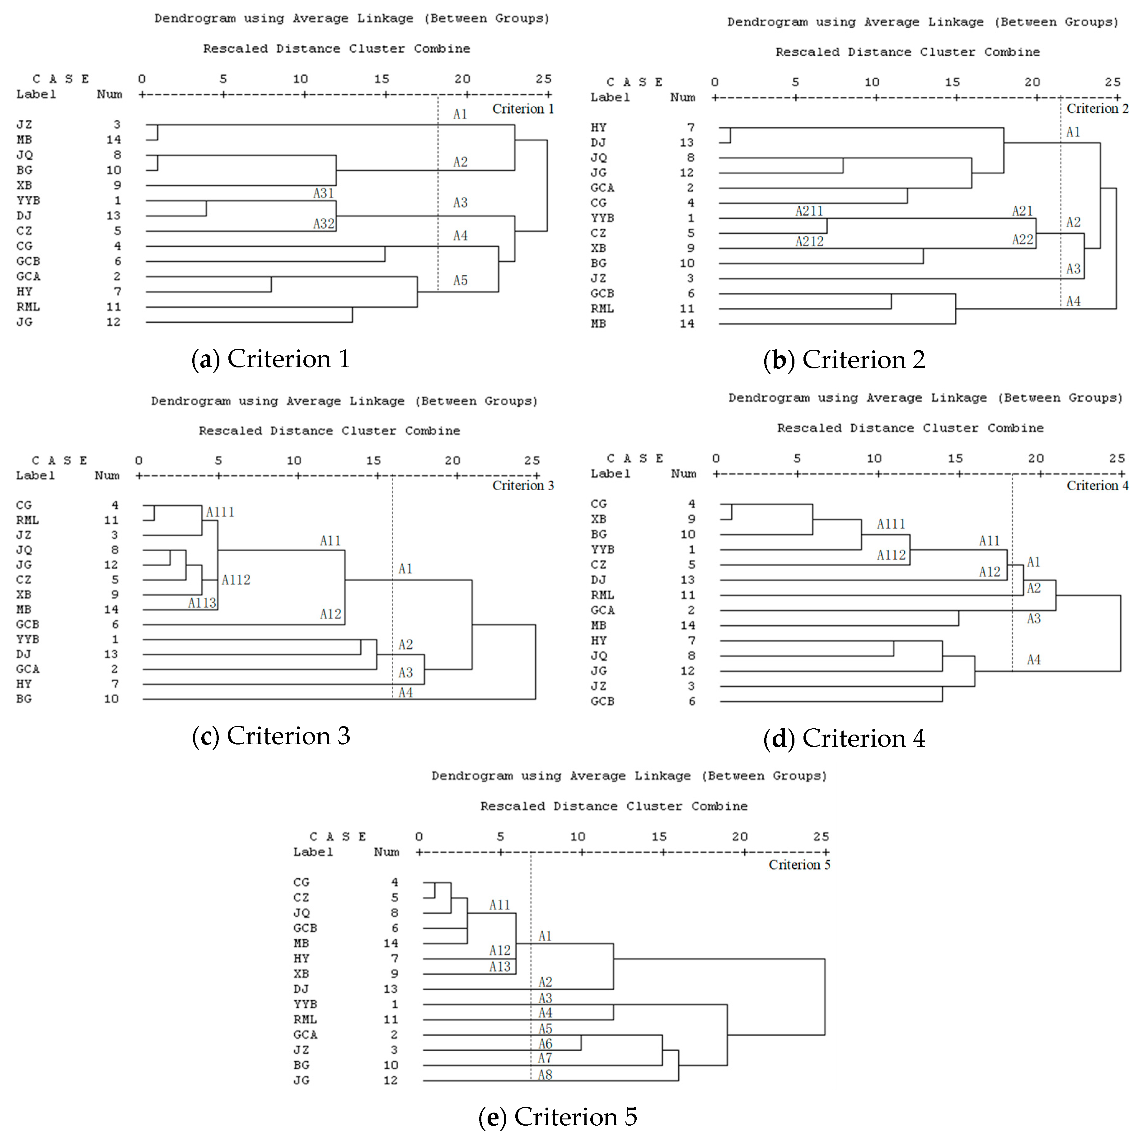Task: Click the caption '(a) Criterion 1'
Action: [x=271, y=359]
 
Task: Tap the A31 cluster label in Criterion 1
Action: [x=324, y=194]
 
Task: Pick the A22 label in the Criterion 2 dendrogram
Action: [x=1022, y=240]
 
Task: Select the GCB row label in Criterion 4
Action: [x=602, y=702]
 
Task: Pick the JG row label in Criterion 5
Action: [x=302, y=1081]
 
